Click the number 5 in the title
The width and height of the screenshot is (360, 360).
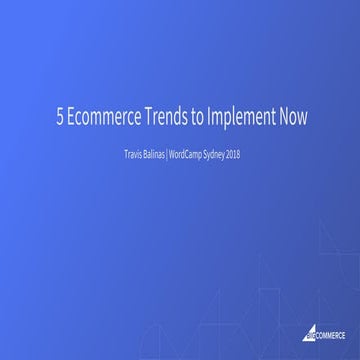(59, 117)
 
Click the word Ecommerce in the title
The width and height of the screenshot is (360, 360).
(102, 117)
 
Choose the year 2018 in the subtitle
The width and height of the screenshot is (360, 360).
(240, 155)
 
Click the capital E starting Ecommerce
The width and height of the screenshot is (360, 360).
(70, 117)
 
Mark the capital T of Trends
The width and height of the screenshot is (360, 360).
(149, 117)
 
